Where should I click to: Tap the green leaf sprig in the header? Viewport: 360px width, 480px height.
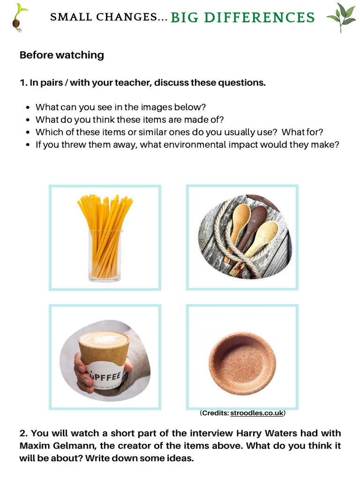(341, 16)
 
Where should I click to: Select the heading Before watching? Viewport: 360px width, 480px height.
(61, 55)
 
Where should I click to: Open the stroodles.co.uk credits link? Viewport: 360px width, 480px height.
(257, 413)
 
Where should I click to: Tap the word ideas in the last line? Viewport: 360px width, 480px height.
(180, 458)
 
